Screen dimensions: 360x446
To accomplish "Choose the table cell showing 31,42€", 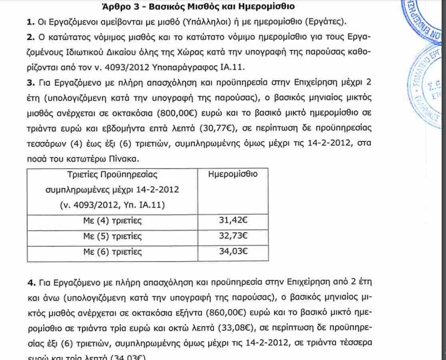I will pyautogui.click(x=233, y=220).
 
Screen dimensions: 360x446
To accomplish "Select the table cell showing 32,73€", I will pyautogui.click(x=233, y=236).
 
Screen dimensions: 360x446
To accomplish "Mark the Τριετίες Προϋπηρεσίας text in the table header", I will pyautogui.click(x=112, y=173).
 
